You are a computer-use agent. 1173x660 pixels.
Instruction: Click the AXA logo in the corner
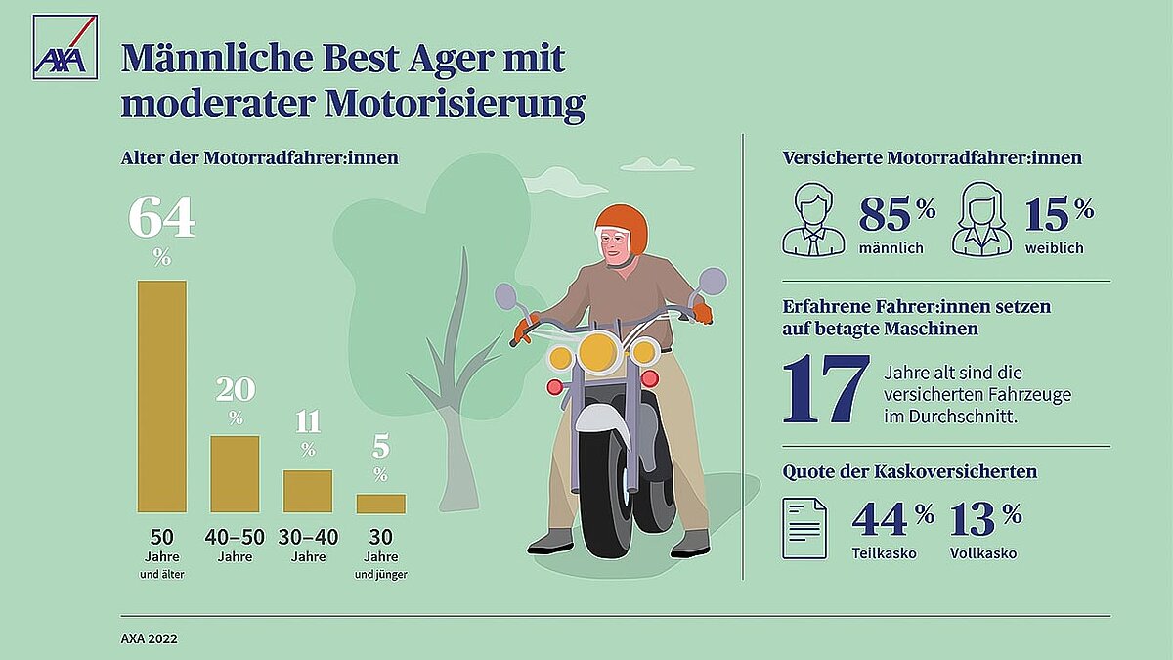[x=65, y=47]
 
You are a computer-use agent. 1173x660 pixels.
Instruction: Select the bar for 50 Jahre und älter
[x=161, y=396]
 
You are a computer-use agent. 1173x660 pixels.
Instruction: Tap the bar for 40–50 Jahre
[x=235, y=473]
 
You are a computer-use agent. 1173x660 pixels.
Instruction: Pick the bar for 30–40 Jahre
[x=308, y=491]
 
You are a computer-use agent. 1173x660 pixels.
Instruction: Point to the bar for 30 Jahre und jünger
[x=380, y=503]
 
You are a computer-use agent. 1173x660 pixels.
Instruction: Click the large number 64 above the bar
[x=161, y=219]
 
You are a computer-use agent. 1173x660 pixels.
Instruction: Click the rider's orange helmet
[x=622, y=226]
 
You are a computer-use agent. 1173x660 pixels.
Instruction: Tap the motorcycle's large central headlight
[x=597, y=352]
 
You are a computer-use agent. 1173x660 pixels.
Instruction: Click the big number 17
[x=826, y=389]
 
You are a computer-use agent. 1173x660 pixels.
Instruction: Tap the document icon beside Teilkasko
[x=804, y=528]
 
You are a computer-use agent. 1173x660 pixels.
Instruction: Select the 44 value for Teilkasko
[x=881, y=519]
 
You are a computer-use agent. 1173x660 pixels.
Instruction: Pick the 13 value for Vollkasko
[x=974, y=519]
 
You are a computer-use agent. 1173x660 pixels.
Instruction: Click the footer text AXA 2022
[x=150, y=639]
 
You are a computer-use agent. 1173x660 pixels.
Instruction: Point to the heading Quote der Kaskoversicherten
[x=909, y=471]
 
